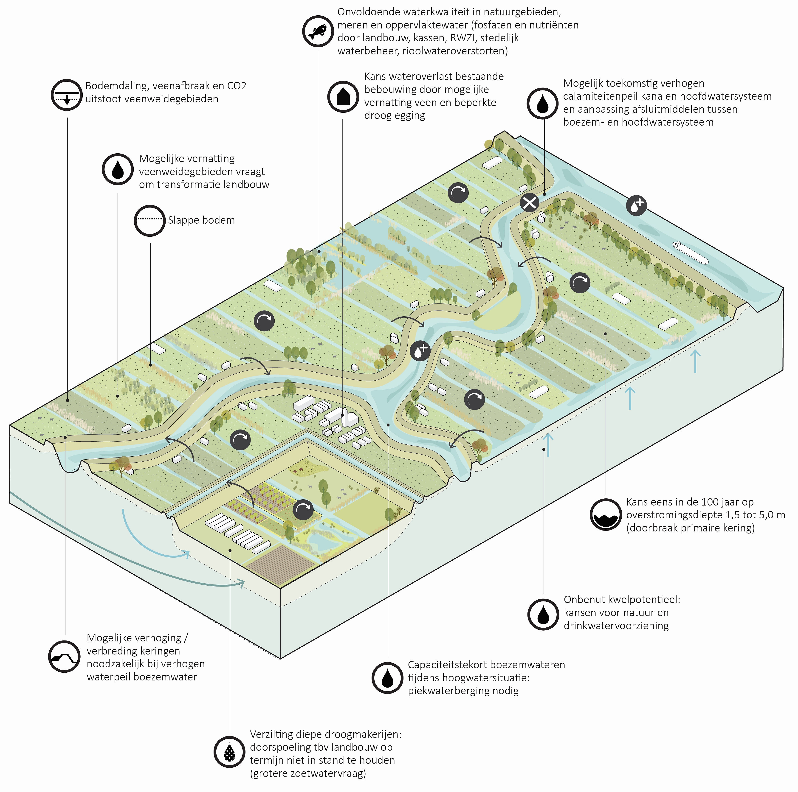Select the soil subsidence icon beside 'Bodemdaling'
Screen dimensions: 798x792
(x=67, y=95)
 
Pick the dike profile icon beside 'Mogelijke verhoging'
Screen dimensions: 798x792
(x=64, y=657)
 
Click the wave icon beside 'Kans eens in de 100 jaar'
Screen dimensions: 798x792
(x=606, y=514)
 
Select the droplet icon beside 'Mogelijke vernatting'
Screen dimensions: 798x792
(x=118, y=169)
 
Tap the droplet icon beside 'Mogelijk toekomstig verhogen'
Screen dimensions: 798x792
(x=543, y=103)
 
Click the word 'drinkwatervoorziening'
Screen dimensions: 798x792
(x=616, y=626)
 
